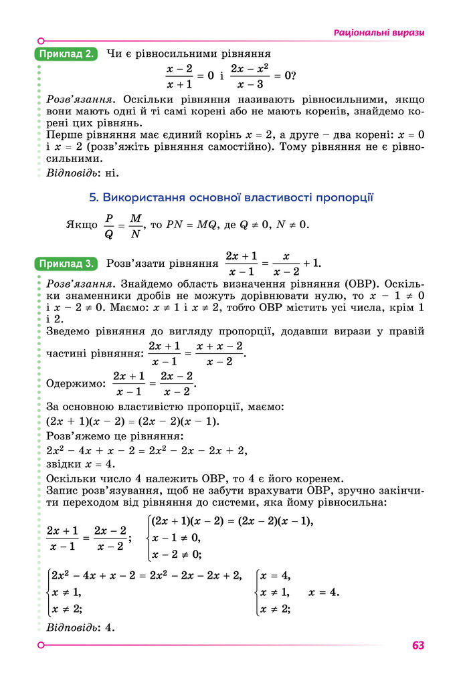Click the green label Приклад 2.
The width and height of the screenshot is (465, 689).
[65, 54]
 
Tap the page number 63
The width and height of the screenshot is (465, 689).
[418, 646]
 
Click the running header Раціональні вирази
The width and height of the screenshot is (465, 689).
[379, 33]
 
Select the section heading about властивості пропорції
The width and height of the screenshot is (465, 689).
[231, 197]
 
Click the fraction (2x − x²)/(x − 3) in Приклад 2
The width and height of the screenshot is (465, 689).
[249, 77]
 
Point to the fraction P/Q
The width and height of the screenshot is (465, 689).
[109, 225]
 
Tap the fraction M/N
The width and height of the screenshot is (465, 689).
[136, 225]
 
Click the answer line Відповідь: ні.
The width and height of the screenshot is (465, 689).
[82, 174]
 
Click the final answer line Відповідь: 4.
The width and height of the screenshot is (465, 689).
[81, 628]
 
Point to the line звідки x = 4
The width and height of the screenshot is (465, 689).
[80, 464]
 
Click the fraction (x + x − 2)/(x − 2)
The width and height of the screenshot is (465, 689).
[219, 353]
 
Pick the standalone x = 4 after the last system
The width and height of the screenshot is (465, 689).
[324, 592]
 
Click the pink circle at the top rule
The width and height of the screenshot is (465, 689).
[41, 40]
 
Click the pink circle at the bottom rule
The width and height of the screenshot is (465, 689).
[41, 645]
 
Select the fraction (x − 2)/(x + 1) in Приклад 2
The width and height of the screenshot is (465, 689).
[179, 77]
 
